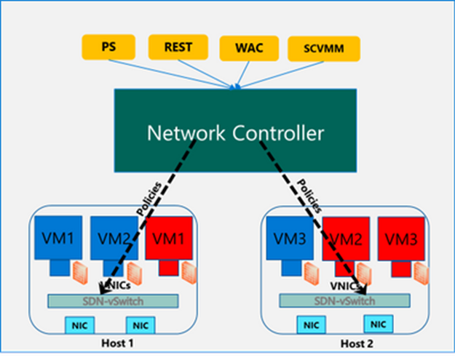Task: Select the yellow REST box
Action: point(177,48)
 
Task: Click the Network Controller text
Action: point(235,133)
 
